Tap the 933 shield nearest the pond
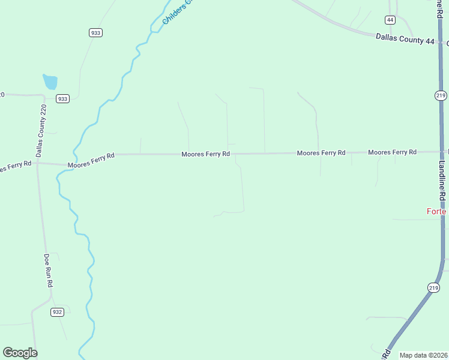click(63, 98)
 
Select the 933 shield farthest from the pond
click(95, 33)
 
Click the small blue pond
click(50, 82)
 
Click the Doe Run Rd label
click(49, 271)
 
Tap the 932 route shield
click(57, 312)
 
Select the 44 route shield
click(391, 20)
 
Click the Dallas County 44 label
click(405, 37)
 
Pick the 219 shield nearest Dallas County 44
click(441, 95)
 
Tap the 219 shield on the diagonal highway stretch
click(434, 288)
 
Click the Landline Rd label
click(442, 180)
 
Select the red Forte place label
click(436, 211)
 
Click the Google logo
click(20, 353)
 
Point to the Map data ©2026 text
click(424, 355)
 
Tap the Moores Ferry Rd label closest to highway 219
click(392, 152)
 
